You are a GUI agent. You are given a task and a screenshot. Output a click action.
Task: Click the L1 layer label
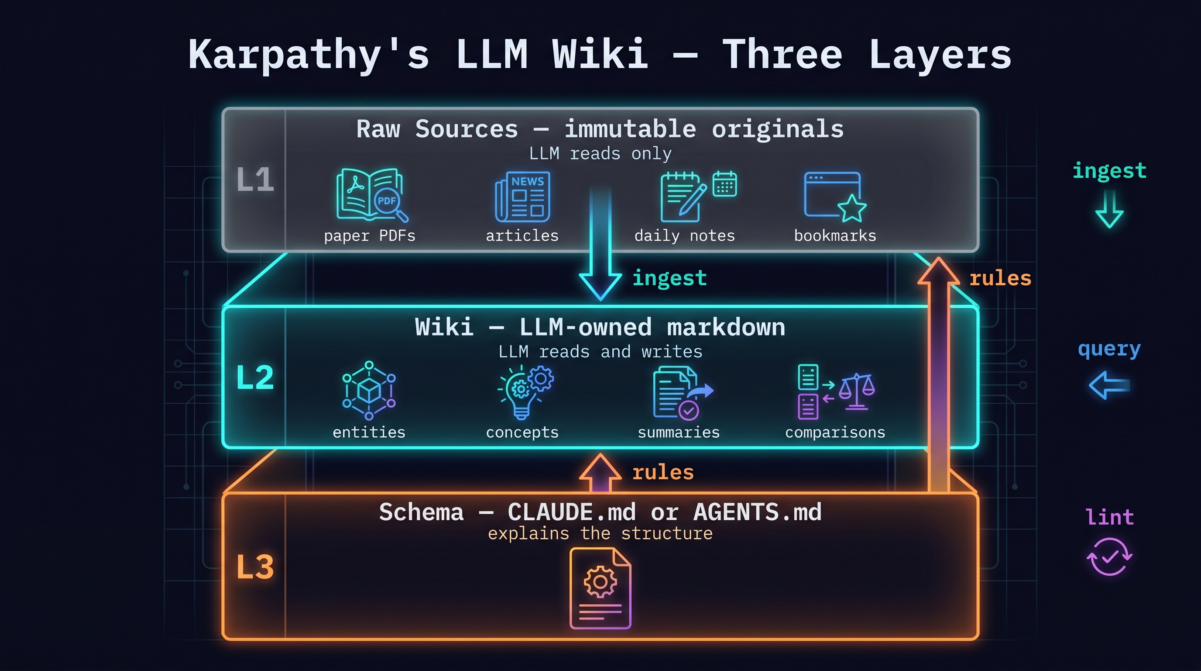tap(254, 179)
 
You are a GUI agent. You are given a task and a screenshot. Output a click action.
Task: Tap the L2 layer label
tap(254, 377)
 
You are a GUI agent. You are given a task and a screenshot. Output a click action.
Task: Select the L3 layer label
tap(254, 567)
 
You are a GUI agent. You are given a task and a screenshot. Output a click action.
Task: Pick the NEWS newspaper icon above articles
tap(523, 197)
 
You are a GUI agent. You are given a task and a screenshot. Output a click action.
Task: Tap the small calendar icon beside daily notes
tap(724, 184)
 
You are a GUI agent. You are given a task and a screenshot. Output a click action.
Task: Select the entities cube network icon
tap(369, 390)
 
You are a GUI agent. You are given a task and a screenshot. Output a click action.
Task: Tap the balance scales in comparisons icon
tap(857, 391)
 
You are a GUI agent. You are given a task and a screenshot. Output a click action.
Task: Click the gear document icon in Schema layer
tap(600, 588)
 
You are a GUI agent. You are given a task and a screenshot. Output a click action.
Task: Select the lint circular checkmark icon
tap(1109, 556)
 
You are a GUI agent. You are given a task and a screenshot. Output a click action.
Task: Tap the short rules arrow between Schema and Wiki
tap(600, 472)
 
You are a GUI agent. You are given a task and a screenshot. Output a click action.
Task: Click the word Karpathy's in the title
tap(308, 55)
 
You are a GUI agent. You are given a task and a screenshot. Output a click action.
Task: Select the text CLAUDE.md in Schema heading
tap(571, 512)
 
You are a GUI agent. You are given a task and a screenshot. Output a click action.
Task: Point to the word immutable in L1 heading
tap(630, 129)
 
